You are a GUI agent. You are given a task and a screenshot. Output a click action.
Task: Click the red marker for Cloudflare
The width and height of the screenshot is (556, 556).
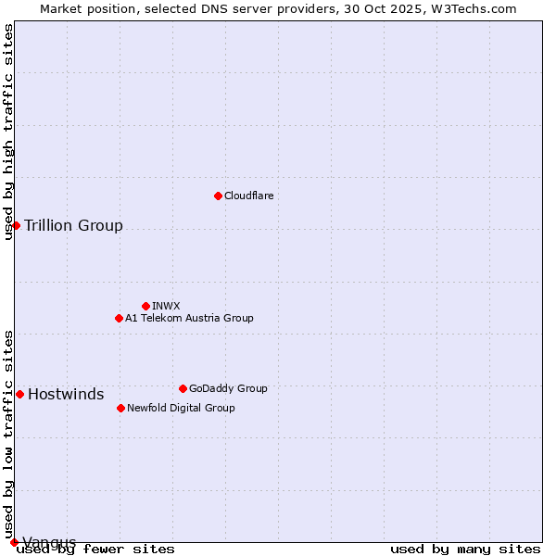(218, 196)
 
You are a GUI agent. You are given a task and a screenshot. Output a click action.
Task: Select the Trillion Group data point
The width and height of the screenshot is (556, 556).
(16, 225)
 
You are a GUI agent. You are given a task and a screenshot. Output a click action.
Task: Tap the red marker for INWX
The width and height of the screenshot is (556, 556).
(145, 306)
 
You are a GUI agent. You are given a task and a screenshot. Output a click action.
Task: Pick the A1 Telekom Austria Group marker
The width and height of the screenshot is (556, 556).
(119, 318)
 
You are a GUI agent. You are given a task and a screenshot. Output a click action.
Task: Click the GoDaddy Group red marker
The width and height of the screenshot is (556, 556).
(183, 388)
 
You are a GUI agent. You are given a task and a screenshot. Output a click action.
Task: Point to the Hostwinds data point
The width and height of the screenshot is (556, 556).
(19, 394)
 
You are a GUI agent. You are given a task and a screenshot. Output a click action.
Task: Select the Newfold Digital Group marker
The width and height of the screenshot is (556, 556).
(120, 408)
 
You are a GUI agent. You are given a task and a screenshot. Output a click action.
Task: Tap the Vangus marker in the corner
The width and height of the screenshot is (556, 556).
(14, 542)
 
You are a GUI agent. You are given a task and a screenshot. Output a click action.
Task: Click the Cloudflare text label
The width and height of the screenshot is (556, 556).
(248, 196)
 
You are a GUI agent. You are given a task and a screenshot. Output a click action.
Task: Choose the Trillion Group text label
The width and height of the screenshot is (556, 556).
(73, 225)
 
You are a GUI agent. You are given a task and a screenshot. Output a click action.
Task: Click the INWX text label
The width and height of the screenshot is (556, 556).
(166, 306)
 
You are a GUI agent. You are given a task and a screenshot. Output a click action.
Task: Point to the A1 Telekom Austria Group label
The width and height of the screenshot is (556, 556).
(189, 318)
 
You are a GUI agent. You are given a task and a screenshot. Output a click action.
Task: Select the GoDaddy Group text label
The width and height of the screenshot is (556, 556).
(228, 388)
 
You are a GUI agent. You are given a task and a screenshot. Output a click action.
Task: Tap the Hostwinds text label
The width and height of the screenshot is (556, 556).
(66, 394)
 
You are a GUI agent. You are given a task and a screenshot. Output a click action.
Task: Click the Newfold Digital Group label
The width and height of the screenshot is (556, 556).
(181, 408)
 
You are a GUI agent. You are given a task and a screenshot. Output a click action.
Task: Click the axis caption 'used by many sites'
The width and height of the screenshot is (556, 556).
(465, 549)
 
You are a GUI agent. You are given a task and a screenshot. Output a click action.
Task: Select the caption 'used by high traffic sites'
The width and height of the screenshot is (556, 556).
(8, 133)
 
